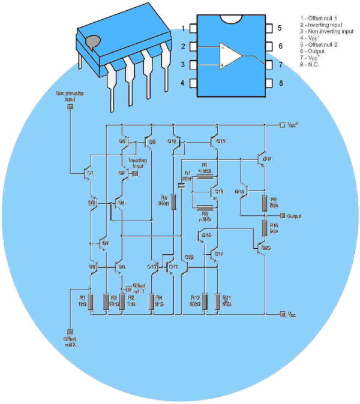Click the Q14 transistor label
[x=268, y=159]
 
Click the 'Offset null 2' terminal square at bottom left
[x=70, y=331]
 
